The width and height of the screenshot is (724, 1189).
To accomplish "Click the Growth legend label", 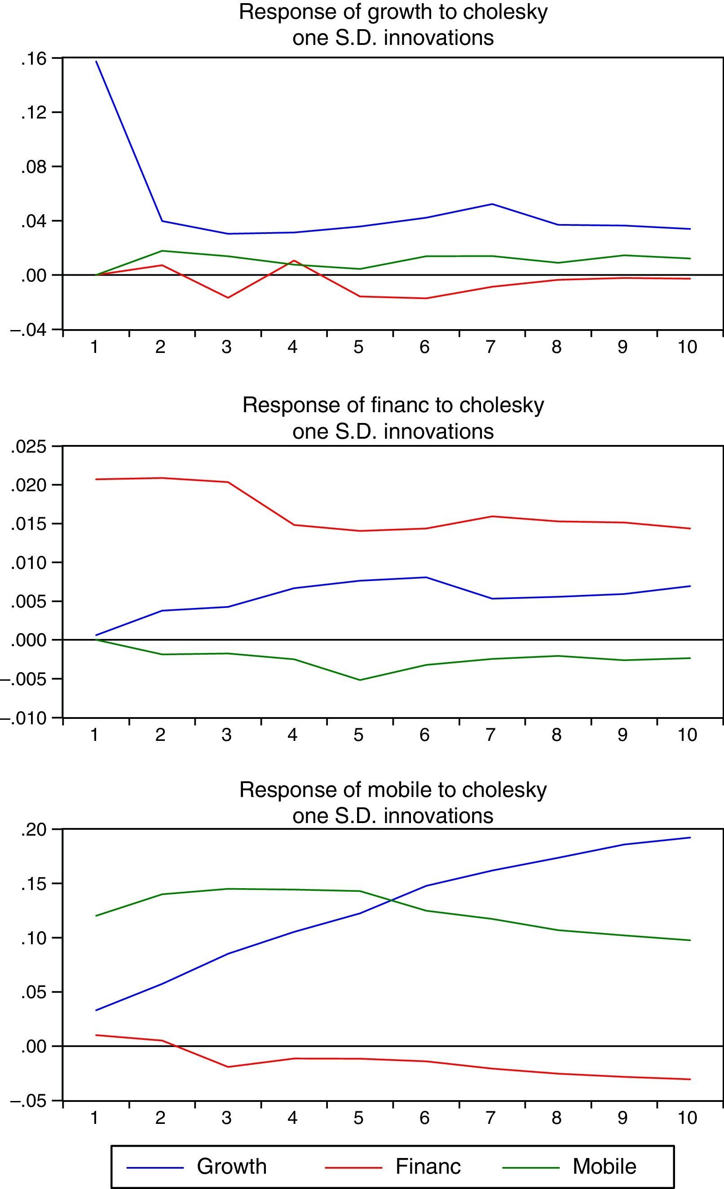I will click(x=232, y=1166).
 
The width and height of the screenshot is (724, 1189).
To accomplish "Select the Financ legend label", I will click(x=428, y=1166).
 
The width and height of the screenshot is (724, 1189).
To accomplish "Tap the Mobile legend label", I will click(x=604, y=1166).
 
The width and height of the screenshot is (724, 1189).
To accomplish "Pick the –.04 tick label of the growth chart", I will click(x=29, y=330).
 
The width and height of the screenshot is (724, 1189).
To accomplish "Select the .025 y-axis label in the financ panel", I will click(x=29, y=447).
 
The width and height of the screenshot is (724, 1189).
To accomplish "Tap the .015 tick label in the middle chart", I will click(x=29, y=524).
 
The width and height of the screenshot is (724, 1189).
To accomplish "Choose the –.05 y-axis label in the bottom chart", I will click(x=29, y=1101).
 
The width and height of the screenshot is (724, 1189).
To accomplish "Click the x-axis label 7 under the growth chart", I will click(x=490, y=347).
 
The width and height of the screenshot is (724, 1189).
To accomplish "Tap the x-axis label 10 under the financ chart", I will click(x=687, y=735).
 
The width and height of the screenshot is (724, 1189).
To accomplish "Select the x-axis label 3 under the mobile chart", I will click(x=226, y=1118).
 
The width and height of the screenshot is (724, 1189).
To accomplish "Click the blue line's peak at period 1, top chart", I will click(x=96, y=61).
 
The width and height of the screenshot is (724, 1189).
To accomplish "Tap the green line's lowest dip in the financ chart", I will click(x=360, y=680).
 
